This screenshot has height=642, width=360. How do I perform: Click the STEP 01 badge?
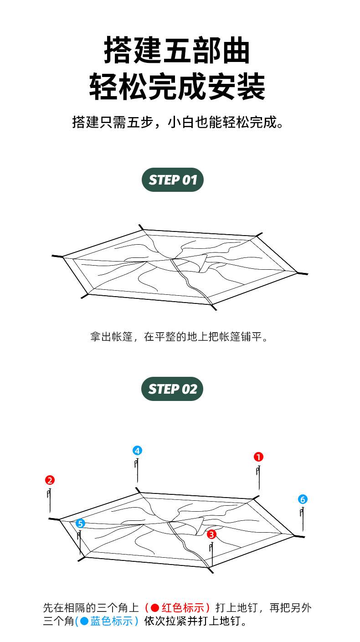pos(173,180)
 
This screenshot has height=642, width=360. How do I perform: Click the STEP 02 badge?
pos(172,389)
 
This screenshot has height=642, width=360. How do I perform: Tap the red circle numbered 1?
pos(258,457)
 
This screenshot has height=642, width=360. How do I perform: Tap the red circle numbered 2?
pos(50,480)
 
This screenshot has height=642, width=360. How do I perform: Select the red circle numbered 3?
pos(211,534)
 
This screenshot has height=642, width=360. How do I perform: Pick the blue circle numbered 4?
pos(137,451)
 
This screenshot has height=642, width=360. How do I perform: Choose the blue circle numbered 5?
pos(80,524)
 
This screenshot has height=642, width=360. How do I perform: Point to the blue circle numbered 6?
pos(303,499)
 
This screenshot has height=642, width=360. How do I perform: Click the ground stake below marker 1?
pos(258,477)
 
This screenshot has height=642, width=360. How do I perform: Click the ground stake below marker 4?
pos(137,471)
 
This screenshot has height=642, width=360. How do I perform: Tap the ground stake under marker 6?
pos(302,518)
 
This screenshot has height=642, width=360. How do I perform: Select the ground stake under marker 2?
pos(49,500)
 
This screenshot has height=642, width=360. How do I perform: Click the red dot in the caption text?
pos(154,608)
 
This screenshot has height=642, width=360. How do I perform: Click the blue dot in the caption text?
pos(84,621)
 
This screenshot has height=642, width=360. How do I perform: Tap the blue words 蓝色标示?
pos(112,621)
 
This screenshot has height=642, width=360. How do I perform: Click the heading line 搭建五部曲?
pos(177,51)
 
